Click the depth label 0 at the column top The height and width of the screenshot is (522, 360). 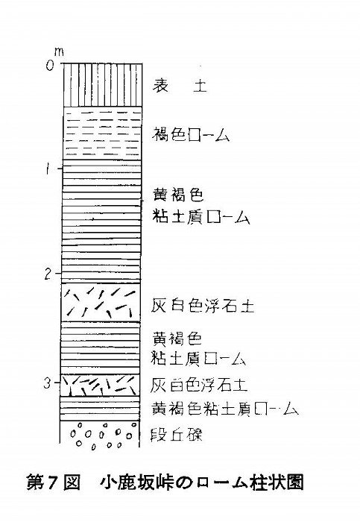coord(50,66)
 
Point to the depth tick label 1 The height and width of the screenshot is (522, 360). coord(49,169)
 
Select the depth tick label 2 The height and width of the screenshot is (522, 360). coord(48,274)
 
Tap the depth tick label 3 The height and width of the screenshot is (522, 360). coord(48,383)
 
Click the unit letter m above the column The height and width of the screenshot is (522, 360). coord(59,52)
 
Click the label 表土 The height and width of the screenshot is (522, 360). coord(180,85)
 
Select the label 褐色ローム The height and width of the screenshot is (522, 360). coord(191,136)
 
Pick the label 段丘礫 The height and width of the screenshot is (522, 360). coord(177,435)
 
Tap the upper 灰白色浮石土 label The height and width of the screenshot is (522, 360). coord(203,305)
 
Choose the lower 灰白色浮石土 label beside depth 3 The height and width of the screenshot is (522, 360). coord(198,385)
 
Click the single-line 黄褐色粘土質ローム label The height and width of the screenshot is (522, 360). coord(225,409)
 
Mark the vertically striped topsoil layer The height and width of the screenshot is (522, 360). coord(103,85)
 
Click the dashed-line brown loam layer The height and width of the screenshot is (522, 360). coord(102,133)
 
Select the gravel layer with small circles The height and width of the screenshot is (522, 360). coord(99,435)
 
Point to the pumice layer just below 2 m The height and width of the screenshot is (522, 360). coord(101,302)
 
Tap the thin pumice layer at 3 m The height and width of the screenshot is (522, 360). coord(100,386)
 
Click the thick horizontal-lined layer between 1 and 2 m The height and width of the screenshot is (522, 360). coord(102,221)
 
